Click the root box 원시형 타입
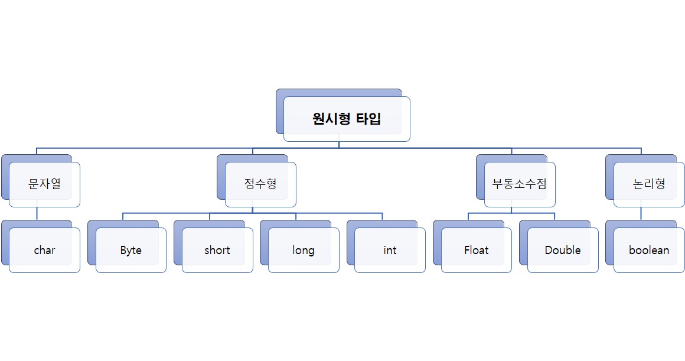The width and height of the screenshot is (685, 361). (x=347, y=119)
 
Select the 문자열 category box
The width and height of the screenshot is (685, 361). (x=44, y=184)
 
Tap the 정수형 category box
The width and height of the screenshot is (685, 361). (x=260, y=184)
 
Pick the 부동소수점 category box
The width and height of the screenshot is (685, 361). (x=520, y=184)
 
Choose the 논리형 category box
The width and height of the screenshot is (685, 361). (x=649, y=184)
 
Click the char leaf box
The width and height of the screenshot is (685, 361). (x=44, y=250)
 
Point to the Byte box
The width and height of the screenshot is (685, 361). (x=131, y=250)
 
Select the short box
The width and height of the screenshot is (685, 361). (x=217, y=250)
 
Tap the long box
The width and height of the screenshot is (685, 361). (x=304, y=250)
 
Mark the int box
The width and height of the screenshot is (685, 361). (x=390, y=250)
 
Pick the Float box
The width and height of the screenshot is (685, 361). (x=476, y=250)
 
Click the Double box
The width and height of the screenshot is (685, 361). (x=563, y=250)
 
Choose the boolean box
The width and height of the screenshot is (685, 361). (x=649, y=250)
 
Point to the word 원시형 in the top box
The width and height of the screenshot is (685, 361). (x=332, y=119)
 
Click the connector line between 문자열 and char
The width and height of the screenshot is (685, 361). (x=37, y=213)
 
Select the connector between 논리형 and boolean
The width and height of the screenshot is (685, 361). (x=641, y=213)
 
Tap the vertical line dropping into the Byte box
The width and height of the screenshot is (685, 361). (x=123, y=216)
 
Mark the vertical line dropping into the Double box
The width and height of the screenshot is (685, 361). (x=555, y=216)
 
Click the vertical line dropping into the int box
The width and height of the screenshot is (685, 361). (x=382, y=216)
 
